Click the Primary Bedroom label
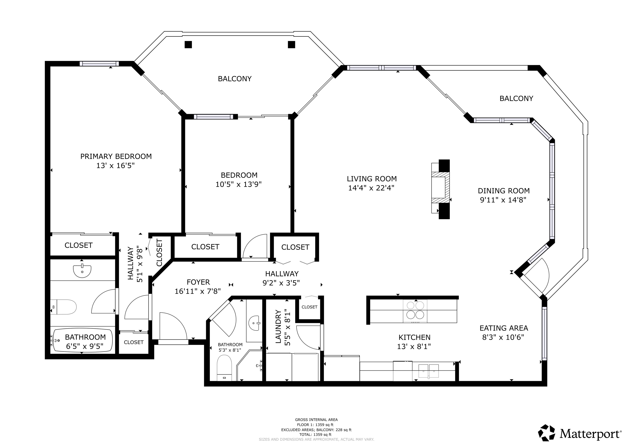pos(116,156)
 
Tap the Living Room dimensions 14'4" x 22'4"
pos(371,188)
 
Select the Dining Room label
pos(504,191)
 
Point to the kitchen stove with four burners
pos(415,311)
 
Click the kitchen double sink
pos(429,371)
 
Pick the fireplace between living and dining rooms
pos(441,189)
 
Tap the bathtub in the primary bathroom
pos(82,340)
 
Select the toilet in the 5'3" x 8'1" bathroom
pos(224,368)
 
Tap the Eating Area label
pos(504,328)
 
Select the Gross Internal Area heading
pos(316,420)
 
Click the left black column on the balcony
pos(188,45)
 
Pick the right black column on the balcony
pos(291,45)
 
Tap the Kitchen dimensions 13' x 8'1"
pos(414,347)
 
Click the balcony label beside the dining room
pos(516,98)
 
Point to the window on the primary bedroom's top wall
pos(99,64)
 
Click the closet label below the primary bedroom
pos(79,245)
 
